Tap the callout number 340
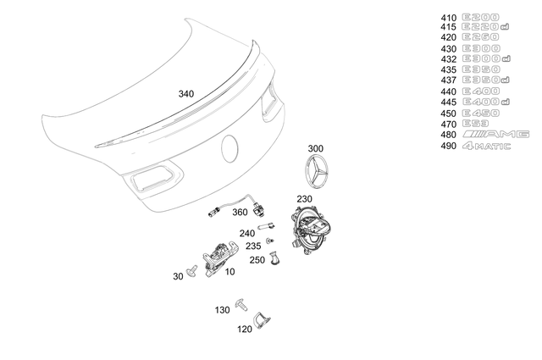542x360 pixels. [x=186, y=94]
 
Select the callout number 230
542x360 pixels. [x=305, y=199]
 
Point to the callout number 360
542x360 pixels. [x=240, y=213]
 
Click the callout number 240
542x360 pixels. [x=247, y=232]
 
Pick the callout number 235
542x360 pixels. [x=253, y=246]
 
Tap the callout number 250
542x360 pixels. [x=257, y=260]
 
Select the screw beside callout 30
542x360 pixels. [x=193, y=271]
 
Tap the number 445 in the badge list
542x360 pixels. [x=448, y=102]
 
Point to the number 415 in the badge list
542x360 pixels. [x=448, y=27]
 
